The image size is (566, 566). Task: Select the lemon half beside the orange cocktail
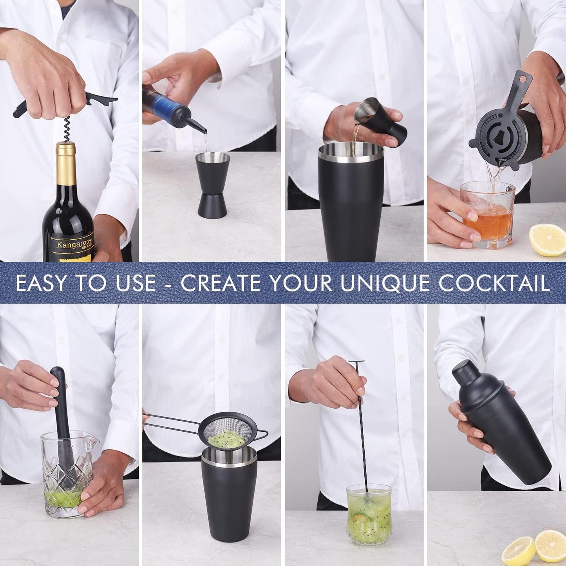[548, 239]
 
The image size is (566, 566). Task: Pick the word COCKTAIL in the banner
[494, 283]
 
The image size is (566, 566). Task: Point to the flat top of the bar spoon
[356, 362]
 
